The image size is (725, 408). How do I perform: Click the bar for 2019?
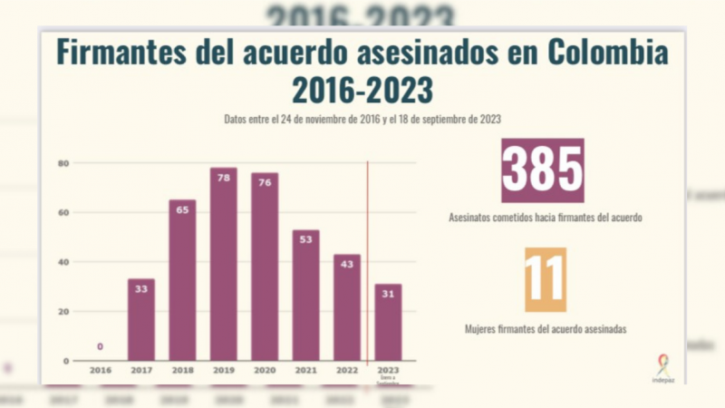[223, 264]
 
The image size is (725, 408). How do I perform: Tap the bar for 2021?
[305, 295]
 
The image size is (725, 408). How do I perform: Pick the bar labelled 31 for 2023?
[388, 322]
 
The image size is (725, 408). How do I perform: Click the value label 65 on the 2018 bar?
[182, 209]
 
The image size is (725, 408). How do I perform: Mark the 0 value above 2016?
[100, 346]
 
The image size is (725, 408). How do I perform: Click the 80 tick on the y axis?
[63, 163]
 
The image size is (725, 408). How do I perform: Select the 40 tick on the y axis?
[63, 262]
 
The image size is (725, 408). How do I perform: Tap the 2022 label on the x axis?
[346, 370]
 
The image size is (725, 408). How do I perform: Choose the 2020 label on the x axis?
[265, 370]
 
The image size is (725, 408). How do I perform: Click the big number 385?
[543, 170]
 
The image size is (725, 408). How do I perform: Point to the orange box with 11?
[545, 279]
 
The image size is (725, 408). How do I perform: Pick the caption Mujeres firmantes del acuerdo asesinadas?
[545, 329]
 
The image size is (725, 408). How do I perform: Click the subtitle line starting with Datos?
[362, 119]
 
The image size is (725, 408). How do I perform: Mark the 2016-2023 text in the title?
[362, 90]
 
